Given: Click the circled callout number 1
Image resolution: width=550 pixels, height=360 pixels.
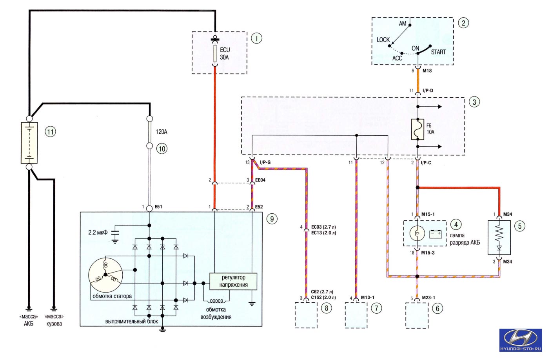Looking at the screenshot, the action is coord(257,38).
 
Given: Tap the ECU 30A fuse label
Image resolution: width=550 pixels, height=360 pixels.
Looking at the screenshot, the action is coord(225,54).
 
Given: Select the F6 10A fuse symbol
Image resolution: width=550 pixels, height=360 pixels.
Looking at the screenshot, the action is coord(417,129).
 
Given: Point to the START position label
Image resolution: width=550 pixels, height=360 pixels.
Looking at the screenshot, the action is coord(438,52).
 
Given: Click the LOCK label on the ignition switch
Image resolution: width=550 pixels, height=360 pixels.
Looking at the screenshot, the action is coord(383,40).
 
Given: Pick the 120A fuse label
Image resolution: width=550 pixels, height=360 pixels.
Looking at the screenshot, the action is coord(162,132).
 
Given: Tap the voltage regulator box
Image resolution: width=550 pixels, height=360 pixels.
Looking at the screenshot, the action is coord(233,282).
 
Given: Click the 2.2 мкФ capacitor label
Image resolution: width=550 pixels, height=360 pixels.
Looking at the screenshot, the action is coord(98,232).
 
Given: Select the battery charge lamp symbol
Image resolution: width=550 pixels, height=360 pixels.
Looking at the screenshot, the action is coord(417,233).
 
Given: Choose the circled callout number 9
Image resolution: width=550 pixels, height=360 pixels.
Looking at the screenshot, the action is coord(272,219).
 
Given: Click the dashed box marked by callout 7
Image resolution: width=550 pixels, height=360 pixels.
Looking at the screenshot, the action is coord(356,315).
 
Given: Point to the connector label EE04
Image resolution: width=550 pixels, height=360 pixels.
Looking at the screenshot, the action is coord(260,180).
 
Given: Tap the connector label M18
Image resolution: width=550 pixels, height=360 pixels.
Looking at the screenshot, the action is coord(427,71).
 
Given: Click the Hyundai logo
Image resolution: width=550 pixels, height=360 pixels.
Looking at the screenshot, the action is coord(521,340).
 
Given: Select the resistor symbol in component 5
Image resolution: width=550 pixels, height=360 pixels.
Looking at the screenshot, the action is coord(499,233).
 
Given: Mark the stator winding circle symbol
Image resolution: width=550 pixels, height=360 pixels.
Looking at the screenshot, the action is coord(105,275).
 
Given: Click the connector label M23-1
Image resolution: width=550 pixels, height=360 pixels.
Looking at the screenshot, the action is coord(428,298).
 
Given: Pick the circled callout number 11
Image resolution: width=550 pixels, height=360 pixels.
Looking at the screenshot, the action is coord(50,132).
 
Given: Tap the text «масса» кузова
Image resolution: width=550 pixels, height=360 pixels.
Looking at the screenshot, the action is coord(54,320).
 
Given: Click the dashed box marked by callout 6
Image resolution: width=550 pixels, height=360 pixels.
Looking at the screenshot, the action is coord(417,315).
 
